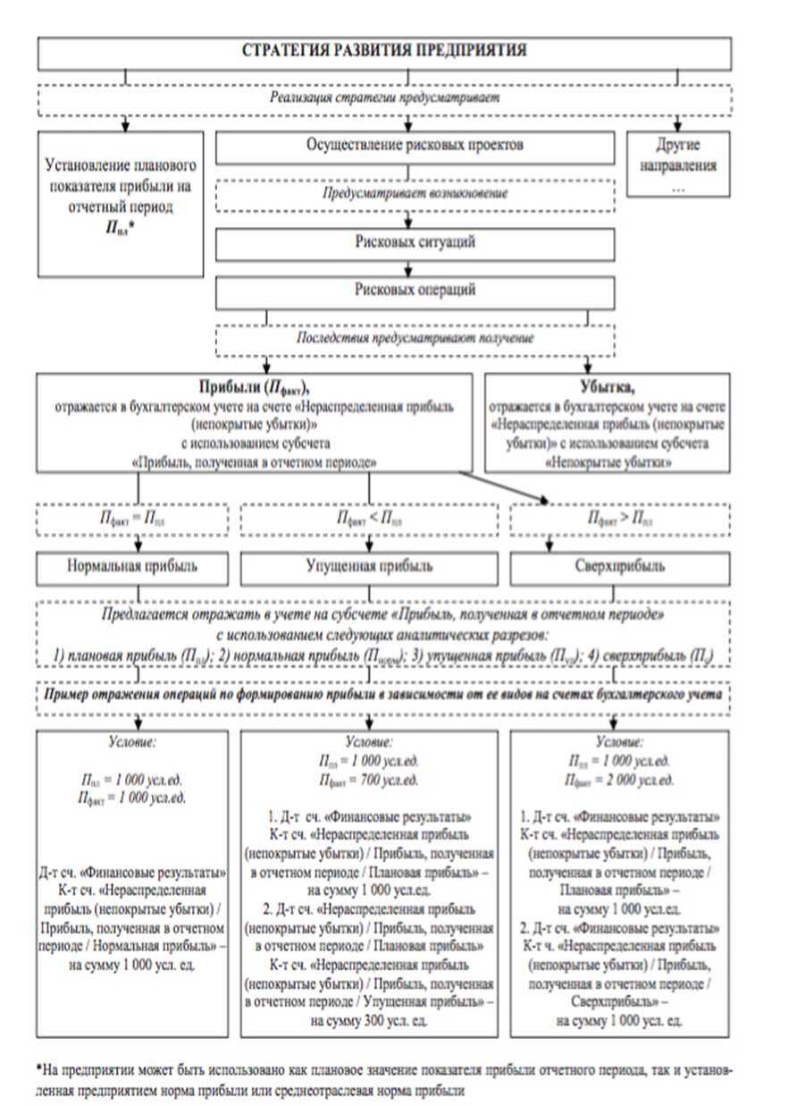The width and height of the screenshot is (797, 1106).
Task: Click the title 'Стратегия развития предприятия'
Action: tap(384, 51)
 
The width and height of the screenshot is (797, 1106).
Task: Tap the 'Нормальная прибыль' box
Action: tap(133, 566)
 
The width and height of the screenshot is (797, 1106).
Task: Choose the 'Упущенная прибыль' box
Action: tap(369, 566)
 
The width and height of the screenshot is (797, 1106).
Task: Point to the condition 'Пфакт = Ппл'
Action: tap(133, 519)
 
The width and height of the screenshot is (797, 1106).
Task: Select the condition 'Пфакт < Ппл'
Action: tap(369, 519)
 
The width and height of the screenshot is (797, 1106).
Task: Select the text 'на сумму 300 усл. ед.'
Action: tap(369, 1020)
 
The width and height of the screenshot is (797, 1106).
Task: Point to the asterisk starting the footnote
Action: tap(39, 1069)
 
